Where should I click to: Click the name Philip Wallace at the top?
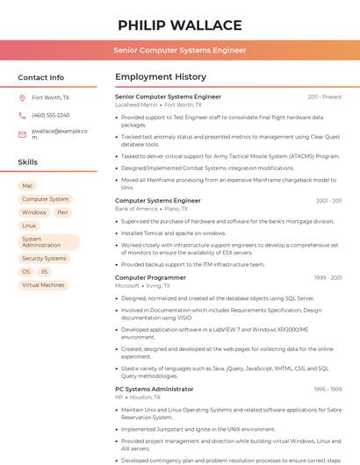(179, 25)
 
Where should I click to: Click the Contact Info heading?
(41, 77)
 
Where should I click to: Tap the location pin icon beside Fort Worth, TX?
(22, 97)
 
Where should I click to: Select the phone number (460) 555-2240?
(50, 115)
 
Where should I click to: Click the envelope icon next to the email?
(22, 133)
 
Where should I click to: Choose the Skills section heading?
(28, 162)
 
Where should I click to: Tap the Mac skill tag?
(27, 186)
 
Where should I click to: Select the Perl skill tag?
(62, 212)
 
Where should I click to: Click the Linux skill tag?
(30, 225)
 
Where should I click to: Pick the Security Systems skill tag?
(44, 259)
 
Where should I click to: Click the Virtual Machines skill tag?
(43, 285)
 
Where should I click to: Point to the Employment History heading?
(161, 77)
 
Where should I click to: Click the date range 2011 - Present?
(324, 97)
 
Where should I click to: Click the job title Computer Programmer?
(150, 277)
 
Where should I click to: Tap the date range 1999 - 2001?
(328, 278)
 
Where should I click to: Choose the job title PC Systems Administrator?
(155, 389)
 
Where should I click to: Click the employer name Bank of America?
(136, 209)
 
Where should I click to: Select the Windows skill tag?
(34, 212)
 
